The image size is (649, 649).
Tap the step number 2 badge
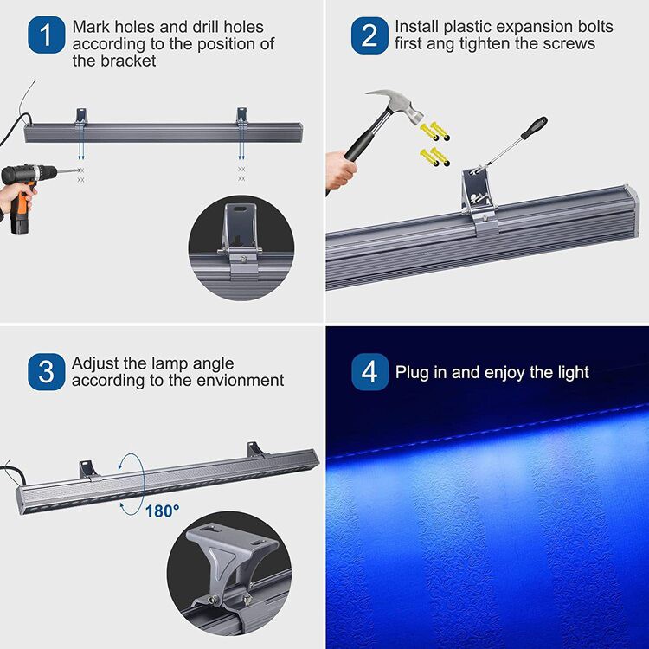(x=369, y=35)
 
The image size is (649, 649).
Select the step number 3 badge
(x=46, y=372)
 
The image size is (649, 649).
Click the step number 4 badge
(x=369, y=372)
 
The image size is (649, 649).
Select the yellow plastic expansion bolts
(x=434, y=144)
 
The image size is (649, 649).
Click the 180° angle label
(x=162, y=511)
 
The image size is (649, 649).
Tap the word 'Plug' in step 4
(x=411, y=373)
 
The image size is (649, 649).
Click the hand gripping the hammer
(x=339, y=170)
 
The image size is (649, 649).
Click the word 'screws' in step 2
(x=568, y=44)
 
